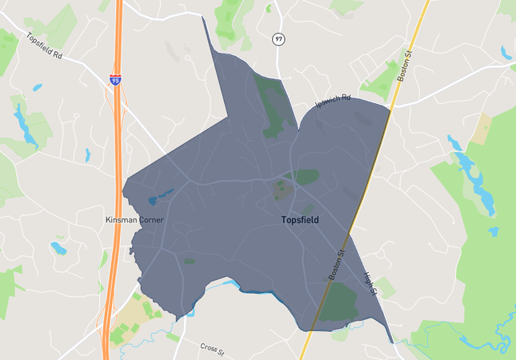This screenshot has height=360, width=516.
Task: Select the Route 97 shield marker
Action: (278, 38)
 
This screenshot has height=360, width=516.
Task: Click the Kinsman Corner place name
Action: (134, 219)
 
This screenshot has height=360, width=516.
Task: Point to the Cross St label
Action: (212, 349)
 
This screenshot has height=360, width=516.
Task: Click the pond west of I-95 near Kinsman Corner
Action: (58, 248)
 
